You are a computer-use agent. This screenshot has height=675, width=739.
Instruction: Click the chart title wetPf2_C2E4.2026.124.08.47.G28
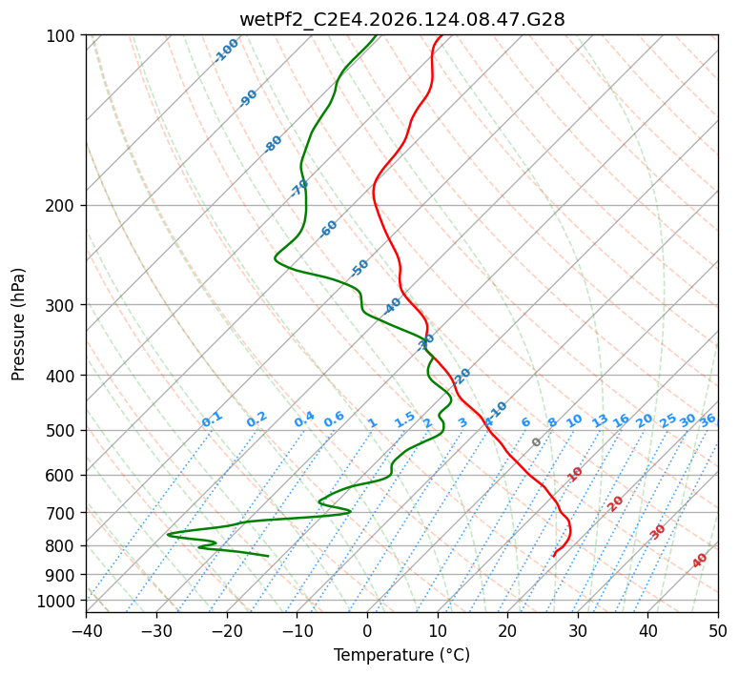coord(402,20)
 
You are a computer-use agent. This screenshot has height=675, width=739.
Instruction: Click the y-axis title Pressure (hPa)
coord(18,324)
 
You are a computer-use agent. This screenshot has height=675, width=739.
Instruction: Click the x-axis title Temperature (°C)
coord(402,655)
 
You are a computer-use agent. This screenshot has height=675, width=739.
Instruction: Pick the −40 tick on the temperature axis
coord(87,631)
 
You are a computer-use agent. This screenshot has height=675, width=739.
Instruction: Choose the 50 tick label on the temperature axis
coord(718,631)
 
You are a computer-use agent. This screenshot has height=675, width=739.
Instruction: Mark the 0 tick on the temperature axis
coord(368,631)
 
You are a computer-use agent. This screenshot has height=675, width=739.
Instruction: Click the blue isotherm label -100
coord(226,51)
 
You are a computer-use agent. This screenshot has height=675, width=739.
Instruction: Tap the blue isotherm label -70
coord(298,188)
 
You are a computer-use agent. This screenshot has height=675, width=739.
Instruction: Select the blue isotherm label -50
coord(359,268)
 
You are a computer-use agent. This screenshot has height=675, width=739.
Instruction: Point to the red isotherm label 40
coord(699,561)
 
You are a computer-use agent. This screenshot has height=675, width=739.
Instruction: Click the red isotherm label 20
coord(615,504)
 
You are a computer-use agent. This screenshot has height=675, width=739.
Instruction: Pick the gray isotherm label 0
coord(536,442)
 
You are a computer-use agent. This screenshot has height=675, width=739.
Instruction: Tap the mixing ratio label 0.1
coord(212,419)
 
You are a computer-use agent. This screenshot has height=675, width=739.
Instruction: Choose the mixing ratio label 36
coord(708,420)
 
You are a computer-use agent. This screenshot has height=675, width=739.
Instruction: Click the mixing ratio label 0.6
coord(334,419)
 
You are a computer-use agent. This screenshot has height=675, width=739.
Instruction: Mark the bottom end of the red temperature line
coord(553,556)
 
